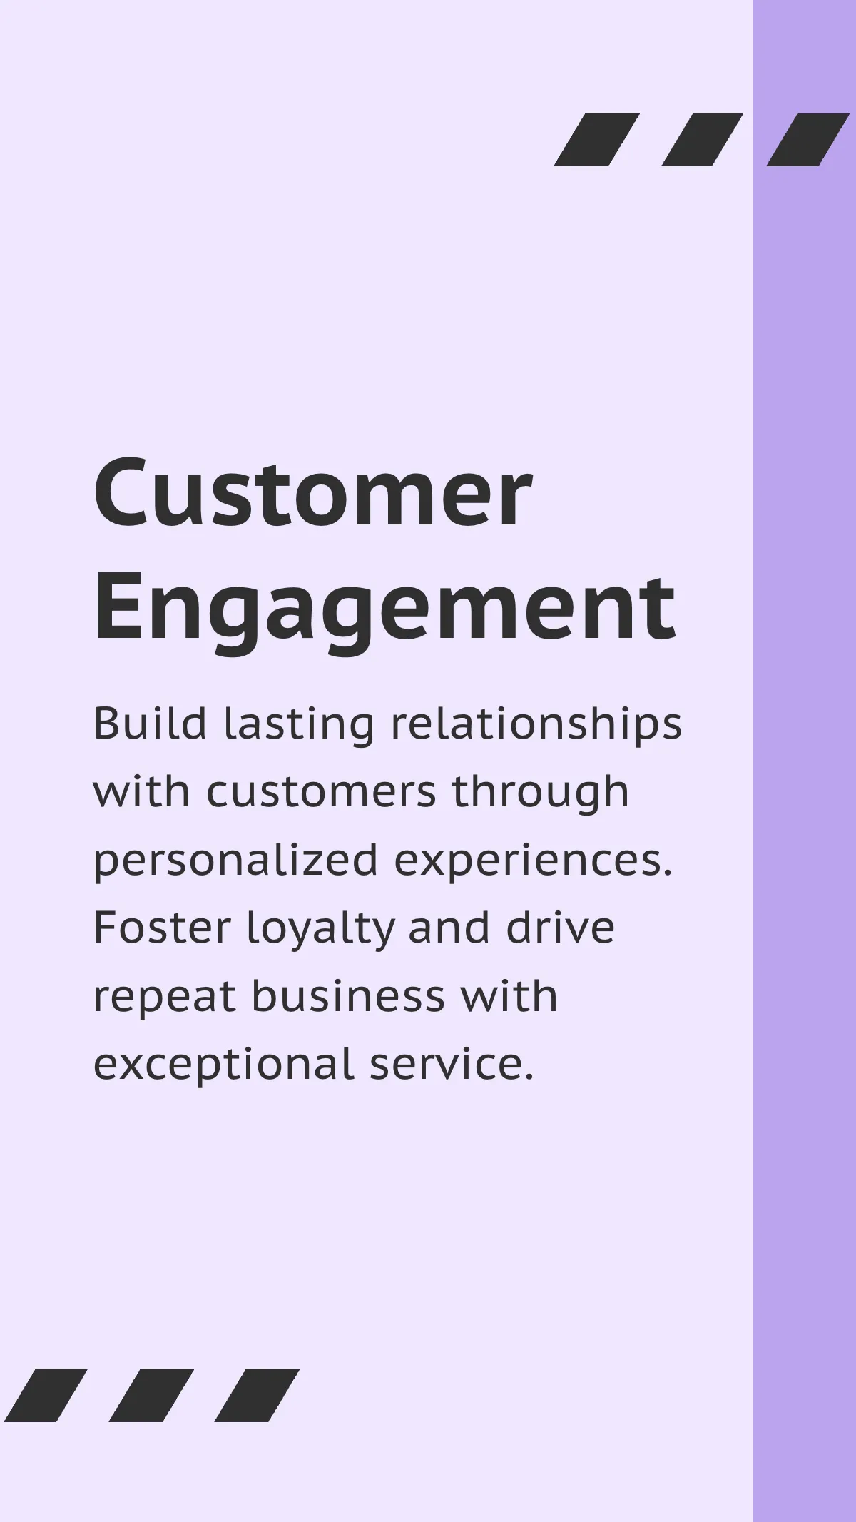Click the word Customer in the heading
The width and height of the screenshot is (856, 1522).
point(312,492)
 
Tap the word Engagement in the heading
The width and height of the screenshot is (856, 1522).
point(384,609)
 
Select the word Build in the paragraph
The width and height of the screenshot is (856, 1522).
point(150,724)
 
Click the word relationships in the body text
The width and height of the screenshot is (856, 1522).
point(536,724)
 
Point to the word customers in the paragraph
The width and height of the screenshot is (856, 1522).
point(321,792)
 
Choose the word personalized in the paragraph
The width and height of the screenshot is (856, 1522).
point(235,861)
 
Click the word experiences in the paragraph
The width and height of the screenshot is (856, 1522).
point(533,861)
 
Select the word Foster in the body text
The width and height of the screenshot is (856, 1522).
point(162,928)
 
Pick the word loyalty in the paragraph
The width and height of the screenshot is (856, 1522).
point(320,929)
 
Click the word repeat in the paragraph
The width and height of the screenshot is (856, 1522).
point(164,998)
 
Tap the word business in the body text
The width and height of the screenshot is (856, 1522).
point(348,996)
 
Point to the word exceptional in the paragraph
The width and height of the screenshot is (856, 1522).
point(223,1065)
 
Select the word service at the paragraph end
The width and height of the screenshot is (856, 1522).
point(451,1065)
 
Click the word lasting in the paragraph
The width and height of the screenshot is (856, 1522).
point(299,724)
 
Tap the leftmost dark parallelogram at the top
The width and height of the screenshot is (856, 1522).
point(596,140)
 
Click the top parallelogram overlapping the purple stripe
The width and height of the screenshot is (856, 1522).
point(807,140)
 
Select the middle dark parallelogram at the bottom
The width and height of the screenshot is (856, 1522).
point(151,1396)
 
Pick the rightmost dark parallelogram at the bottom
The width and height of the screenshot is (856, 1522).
point(257,1396)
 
